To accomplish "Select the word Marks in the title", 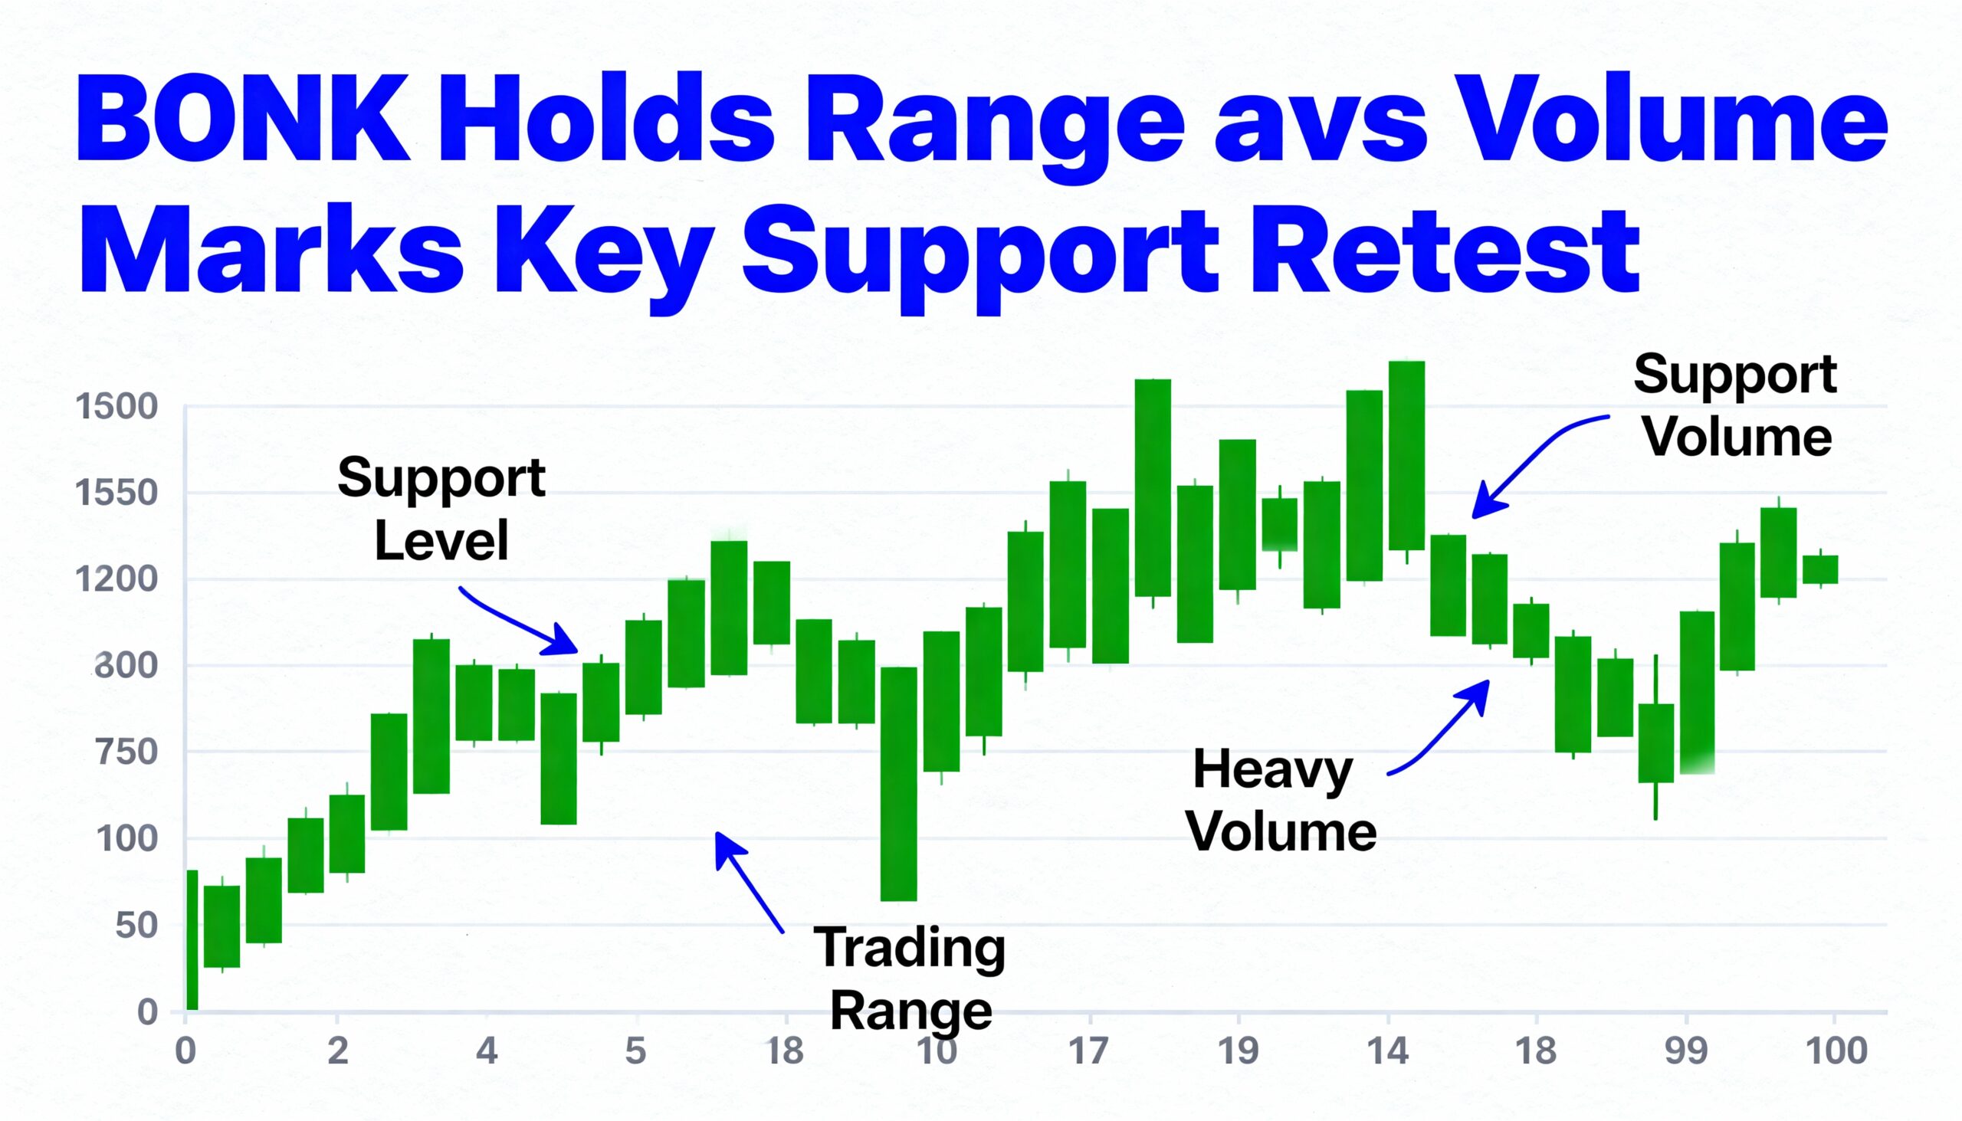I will click(271, 251).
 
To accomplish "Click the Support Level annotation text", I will click(441, 509).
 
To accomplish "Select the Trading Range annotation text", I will click(911, 978).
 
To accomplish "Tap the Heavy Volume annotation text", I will click(1281, 801).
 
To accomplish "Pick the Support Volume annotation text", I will click(1736, 406).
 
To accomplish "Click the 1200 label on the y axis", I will click(116, 579).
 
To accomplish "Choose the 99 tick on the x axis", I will click(1685, 1051).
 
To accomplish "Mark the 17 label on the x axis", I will click(1088, 1051).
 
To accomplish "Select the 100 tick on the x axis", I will click(1836, 1051).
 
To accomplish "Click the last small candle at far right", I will click(1820, 570).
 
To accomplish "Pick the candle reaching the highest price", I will click(1406, 455).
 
